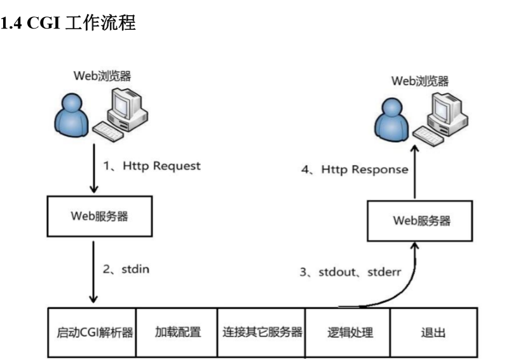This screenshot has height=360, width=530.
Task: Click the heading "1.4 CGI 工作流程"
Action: click(68, 23)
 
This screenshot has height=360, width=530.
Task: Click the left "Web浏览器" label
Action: click(102, 76)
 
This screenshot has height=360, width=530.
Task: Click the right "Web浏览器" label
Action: click(419, 81)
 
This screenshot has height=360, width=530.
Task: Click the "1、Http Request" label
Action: click(152, 166)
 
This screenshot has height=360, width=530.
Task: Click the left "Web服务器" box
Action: click(99, 216)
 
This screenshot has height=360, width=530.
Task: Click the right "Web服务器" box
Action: click(421, 221)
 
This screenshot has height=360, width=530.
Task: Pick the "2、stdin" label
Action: click(126, 269)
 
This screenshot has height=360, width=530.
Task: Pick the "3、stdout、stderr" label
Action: click(350, 272)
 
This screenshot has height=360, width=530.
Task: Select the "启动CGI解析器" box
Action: click(92, 332)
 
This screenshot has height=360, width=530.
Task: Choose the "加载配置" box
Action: click(177, 332)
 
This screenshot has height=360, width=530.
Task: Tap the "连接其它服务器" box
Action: click(262, 332)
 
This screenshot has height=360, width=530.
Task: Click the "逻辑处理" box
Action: click(347, 332)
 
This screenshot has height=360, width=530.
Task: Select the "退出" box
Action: click(433, 332)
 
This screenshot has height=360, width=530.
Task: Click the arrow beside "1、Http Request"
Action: click(94, 168)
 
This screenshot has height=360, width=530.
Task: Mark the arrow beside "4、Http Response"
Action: click(414, 171)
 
